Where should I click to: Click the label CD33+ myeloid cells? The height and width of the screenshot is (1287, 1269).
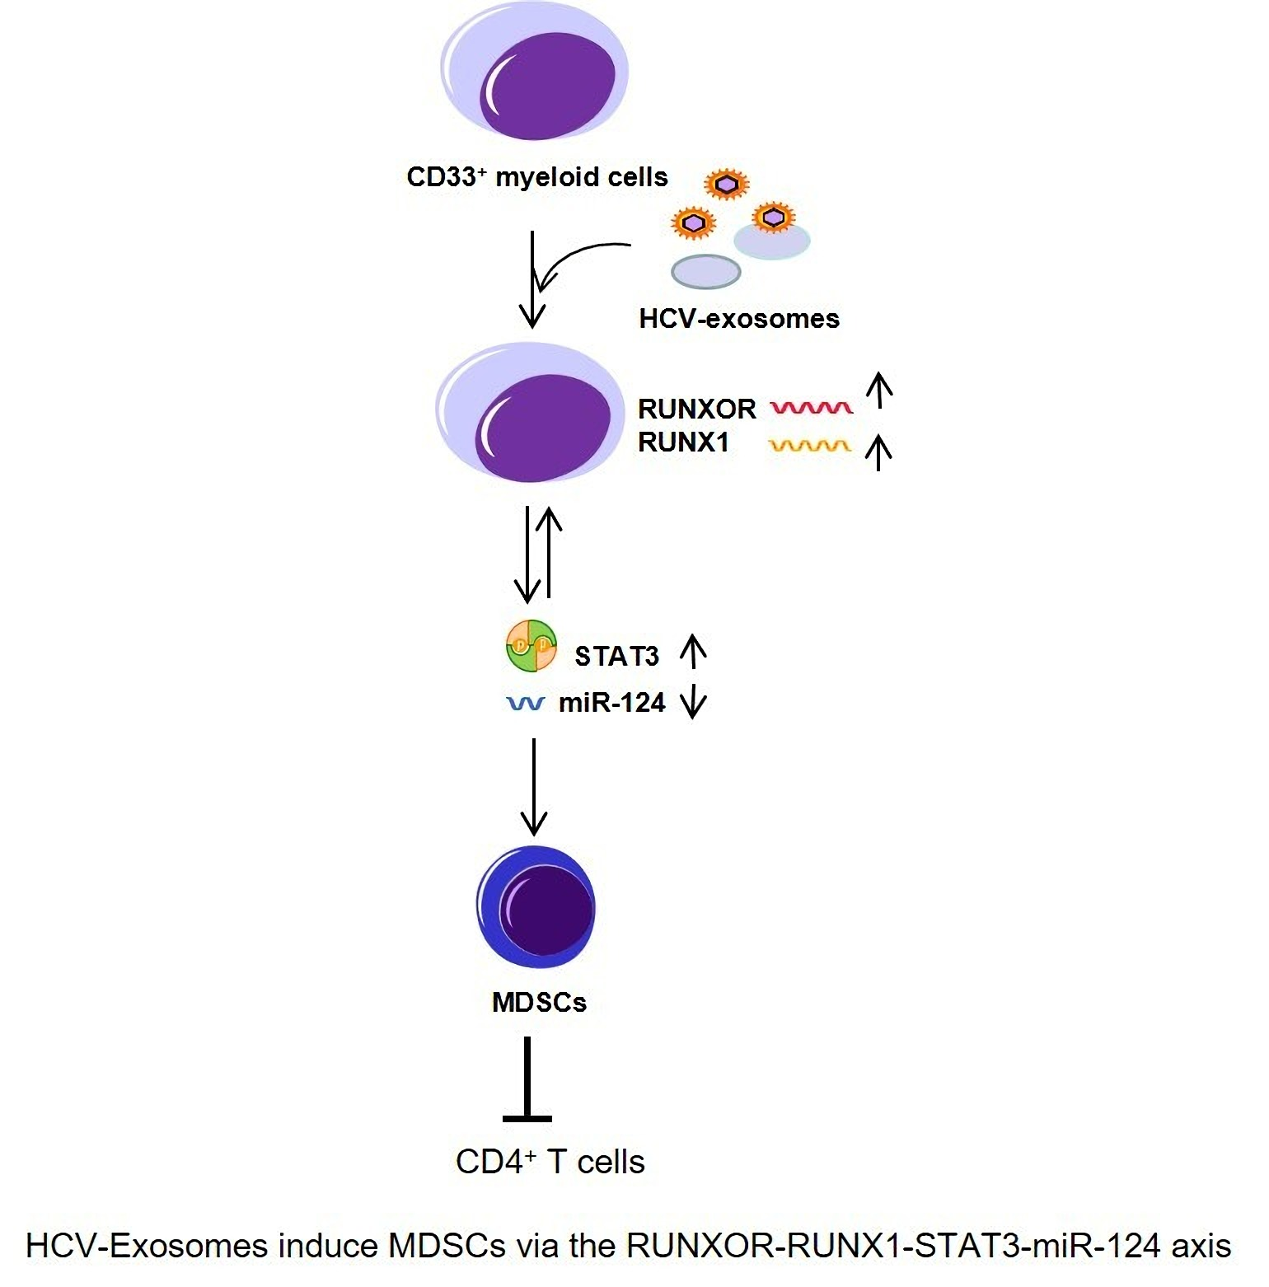coord(537,177)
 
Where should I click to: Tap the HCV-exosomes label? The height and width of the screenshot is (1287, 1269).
coord(738,319)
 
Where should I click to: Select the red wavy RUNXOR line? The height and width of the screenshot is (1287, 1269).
coord(811,407)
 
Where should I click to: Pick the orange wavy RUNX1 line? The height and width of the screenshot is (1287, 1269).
coord(809,446)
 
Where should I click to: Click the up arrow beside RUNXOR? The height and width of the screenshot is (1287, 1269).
coord(880,390)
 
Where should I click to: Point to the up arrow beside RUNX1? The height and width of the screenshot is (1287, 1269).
coord(879,452)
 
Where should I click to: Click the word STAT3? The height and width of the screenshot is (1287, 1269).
coord(616,656)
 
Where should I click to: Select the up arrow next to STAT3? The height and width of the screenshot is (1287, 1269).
coord(693,650)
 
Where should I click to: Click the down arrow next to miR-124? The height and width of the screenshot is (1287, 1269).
coord(693,703)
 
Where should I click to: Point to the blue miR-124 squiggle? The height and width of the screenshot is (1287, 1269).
coord(525,704)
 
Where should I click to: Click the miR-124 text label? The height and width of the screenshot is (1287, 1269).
coord(611,703)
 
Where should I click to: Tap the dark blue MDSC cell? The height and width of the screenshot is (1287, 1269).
coord(536,906)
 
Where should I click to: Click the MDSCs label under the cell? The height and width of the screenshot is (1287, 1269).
coord(539,1003)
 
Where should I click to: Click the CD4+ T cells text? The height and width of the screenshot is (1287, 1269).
coord(550,1162)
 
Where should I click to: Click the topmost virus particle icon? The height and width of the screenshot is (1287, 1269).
coord(725,185)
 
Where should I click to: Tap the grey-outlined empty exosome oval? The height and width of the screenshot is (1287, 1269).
coord(706,271)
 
